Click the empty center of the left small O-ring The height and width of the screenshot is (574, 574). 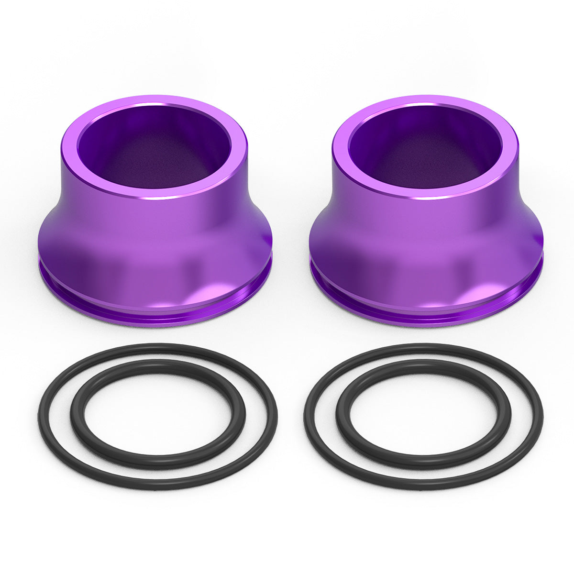click(158, 414)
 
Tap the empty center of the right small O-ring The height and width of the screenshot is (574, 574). click(423, 414)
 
